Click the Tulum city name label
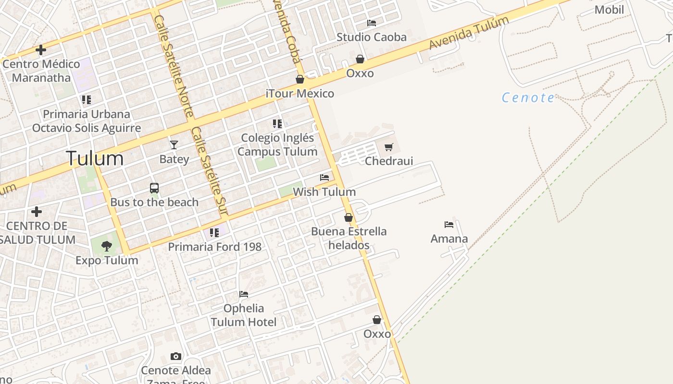[x=94, y=158]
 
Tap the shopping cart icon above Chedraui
[x=389, y=147]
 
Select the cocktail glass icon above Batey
[x=174, y=144]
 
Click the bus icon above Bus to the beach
[x=154, y=188]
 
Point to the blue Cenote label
[x=528, y=98]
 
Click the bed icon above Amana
[x=449, y=225]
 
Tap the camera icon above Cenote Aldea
[x=176, y=356]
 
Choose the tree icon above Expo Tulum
[x=107, y=246]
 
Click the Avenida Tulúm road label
[x=469, y=32]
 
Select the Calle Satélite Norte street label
[x=174, y=65]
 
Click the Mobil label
[x=609, y=10]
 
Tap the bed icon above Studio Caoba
[x=372, y=23]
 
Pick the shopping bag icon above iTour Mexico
[x=300, y=79]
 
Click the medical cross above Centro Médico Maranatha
[x=41, y=49]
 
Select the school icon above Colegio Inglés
[x=277, y=124]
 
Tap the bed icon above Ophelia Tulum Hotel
[x=244, y=294]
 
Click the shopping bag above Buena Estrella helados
[x=349, y=217]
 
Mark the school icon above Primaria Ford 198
[x=214, y=233]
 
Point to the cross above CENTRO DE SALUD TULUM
[x=36, y=211]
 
